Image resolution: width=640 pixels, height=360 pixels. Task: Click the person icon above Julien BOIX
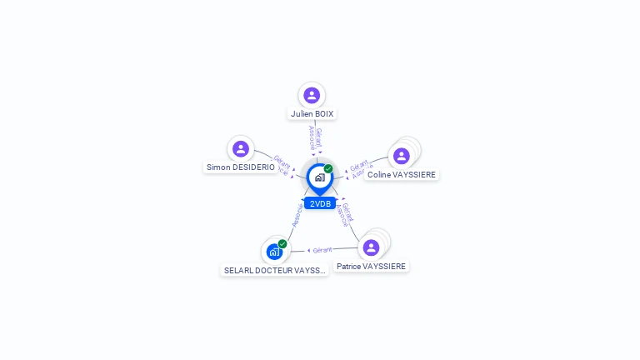(312, 95)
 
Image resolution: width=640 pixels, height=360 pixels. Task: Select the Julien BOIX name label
(312, 113)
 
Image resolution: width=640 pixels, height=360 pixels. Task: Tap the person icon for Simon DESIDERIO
(241, 149)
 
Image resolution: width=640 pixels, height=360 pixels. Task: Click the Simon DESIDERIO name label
(241, 167)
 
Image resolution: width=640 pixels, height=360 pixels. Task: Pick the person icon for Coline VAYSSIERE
(402, 156)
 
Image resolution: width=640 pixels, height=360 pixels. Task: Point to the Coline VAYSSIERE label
(402, 175)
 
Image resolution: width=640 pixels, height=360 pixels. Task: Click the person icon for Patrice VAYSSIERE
(372, 247)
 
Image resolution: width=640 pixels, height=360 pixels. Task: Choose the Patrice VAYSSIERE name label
(372, 267)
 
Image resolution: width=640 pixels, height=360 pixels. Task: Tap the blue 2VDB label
(320, 203)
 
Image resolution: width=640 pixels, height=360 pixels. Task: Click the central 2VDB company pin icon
(319, 177)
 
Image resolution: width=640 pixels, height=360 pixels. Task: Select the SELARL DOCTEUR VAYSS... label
(275, 271)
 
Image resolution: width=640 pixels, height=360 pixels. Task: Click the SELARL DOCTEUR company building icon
(274, 251)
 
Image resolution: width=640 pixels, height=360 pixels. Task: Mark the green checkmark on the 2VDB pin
(328, 169)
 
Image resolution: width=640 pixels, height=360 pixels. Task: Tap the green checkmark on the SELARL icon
(282, 243)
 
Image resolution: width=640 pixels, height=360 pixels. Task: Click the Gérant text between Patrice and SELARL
(322, 249)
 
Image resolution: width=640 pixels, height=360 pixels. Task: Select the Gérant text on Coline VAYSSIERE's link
(359, 166)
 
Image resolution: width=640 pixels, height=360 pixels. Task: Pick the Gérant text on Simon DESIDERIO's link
(282, 160)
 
